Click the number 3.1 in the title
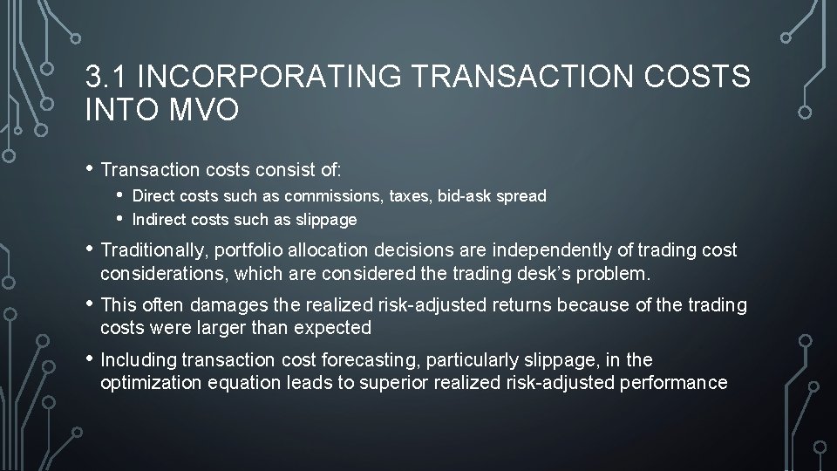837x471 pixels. point(107,78)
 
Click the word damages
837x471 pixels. point(219,305)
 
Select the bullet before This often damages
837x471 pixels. point(90,304)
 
